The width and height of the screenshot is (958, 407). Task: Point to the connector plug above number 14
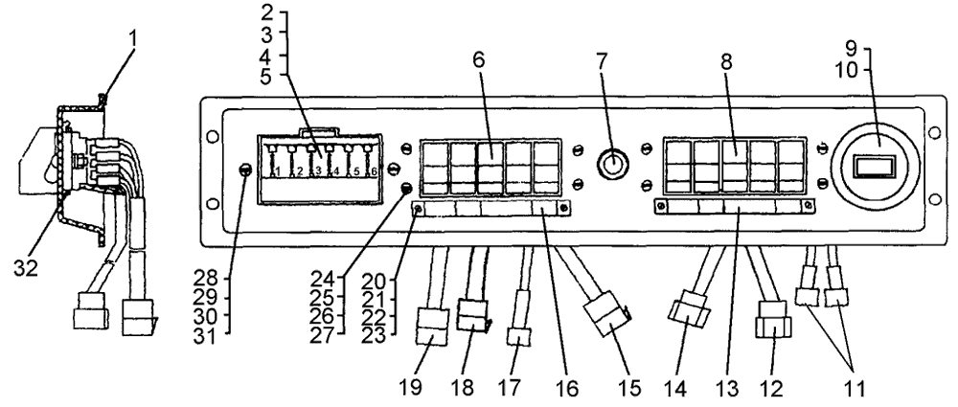tap(690, 315)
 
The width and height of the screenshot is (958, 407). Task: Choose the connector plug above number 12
tap(770, 321)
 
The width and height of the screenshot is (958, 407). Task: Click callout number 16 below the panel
tap(555, 390)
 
